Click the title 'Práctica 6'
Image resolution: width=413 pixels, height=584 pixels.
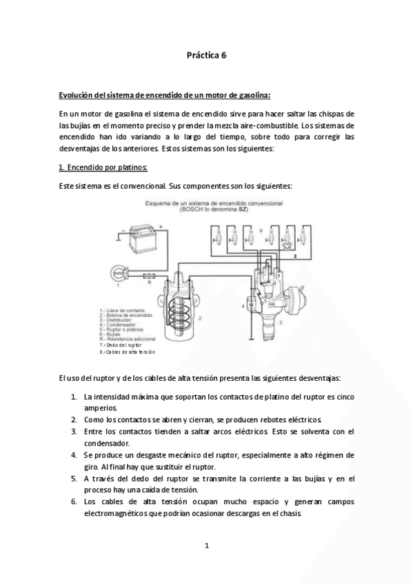(x=206, y=56)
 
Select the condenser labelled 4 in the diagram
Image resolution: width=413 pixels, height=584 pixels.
(x=251, y=304)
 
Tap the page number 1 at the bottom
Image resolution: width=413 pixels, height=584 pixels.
(x=206, y=546)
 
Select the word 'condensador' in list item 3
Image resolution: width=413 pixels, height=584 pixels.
(x=110, y=443)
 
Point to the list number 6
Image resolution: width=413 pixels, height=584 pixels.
(x=74, y=502)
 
